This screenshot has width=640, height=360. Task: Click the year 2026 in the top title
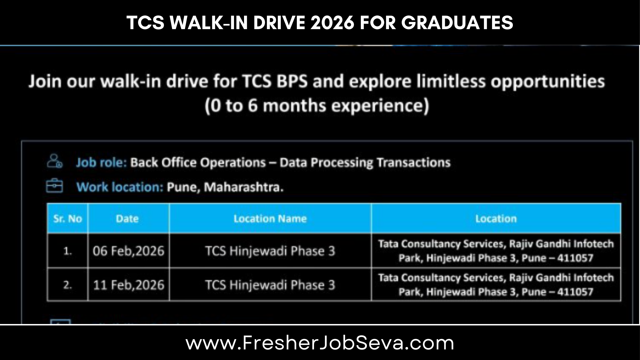coord(332,23)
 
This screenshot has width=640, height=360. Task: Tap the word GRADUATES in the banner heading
coord(457,23)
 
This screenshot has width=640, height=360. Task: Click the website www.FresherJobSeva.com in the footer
coord(320,343)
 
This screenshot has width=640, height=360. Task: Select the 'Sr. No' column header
coord(68,219)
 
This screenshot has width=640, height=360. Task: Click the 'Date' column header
coord(127,219)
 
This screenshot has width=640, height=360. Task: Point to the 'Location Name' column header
coord(270,219)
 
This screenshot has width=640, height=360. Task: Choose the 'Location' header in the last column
coord(496,219)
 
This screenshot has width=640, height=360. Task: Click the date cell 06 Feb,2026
coord(129,251)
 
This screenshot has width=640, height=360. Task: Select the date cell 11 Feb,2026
coord(129,285)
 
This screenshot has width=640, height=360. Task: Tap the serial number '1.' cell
coord(67,251)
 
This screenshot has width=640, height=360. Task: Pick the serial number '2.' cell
coord(67,285)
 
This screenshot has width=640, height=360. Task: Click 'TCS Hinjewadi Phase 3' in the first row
coord(270,251)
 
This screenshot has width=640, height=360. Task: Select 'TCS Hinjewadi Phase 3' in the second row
coord(270,285)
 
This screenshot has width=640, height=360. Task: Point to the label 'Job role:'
coord(101,163)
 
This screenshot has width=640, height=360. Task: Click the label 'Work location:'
coord(120,187)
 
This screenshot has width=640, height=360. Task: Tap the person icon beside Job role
coord(55,161)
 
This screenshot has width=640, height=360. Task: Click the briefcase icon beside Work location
coord(54,186)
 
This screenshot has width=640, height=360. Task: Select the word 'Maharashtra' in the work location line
coord(243,187)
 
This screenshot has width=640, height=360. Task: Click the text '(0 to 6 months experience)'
coord(317,106)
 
